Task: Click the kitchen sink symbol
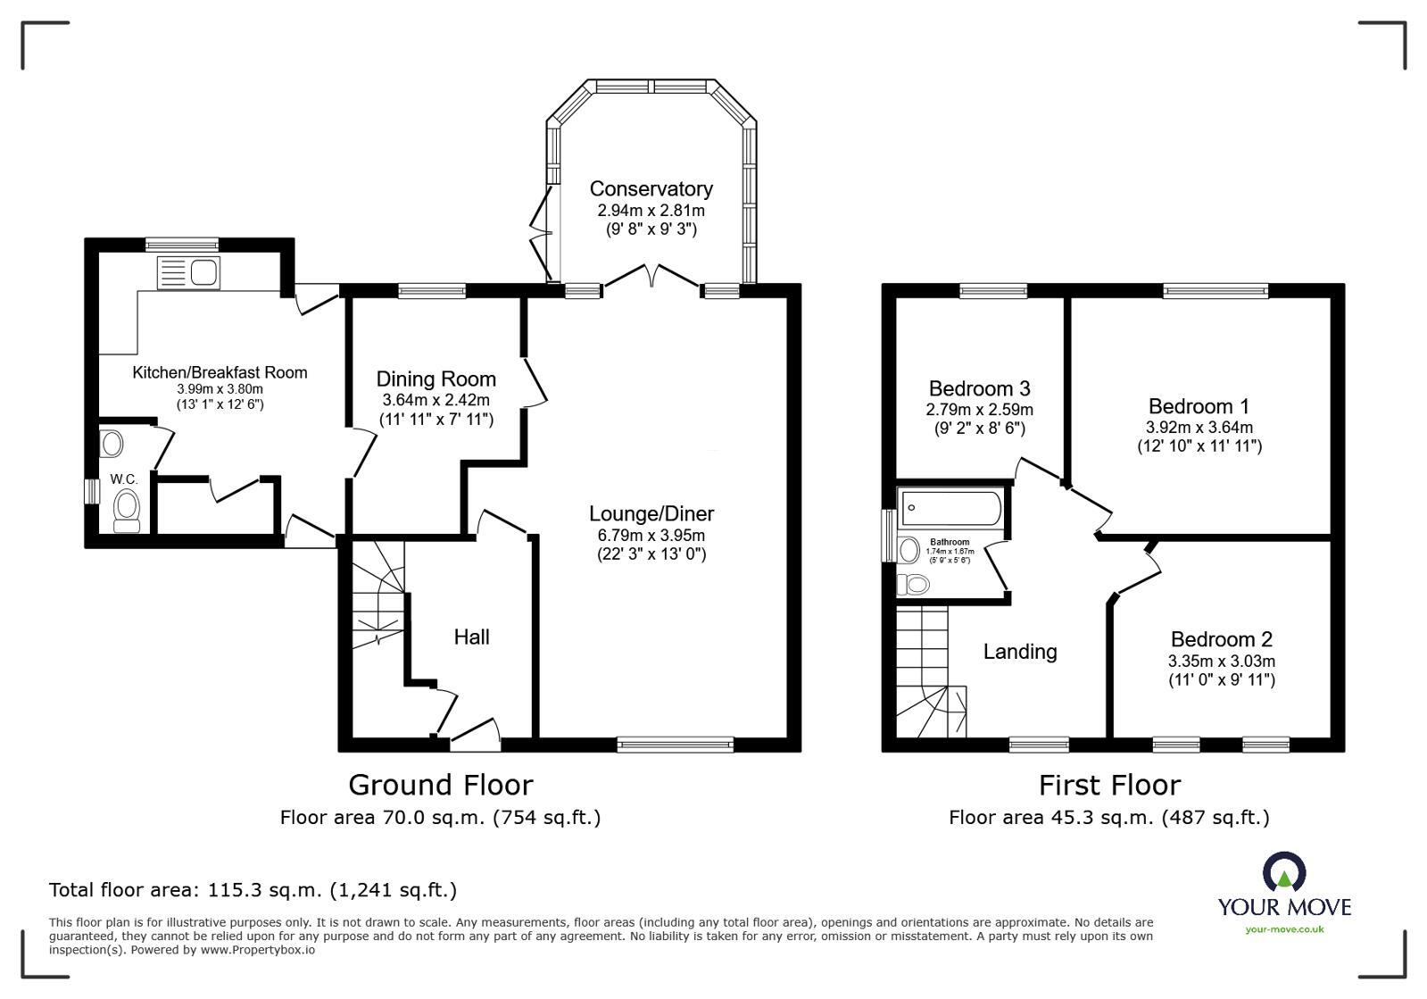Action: click(x=187, y=272)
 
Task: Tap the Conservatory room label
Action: click(x=651, y=189)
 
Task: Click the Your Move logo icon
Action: click(x=1284, y=872)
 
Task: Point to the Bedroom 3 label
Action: click(x=979, y=388)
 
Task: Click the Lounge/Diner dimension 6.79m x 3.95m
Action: click(x=651, y=536)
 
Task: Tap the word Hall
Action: click(x=471, y=637)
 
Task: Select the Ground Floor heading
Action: click(x=440, y=785)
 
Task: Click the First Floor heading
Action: click(x=1108, y=785)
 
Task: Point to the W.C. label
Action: click(x=123, y=479)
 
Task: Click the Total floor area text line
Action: click(x=253, y=890)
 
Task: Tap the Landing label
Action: click(x=1019, y=652)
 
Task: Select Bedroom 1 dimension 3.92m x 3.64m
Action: click(x=1199, y=428)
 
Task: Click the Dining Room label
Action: click(x=436, y=379)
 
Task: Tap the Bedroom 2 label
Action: click(x=1221, y=639)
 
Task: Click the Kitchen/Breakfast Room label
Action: click(x=220, y=372)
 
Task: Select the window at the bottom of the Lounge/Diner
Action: click(x=676, y=744)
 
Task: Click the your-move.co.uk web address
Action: click(x=1284, y=929)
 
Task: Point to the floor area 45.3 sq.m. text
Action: click(x=1108, y=817)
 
